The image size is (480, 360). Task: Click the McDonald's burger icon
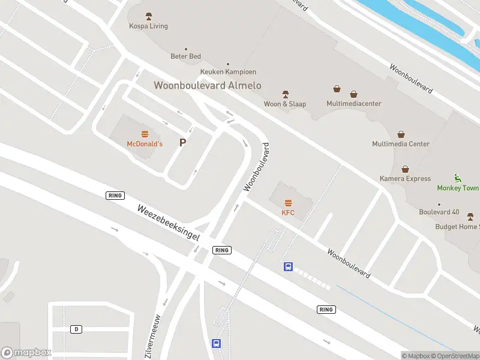[x=145, y=134]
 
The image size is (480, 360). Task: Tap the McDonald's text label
[x=145, y=144]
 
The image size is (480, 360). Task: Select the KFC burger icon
[x=288, y=203]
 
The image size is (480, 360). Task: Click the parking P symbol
[x=183, y=143]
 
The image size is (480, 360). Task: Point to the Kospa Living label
[x=149, y=26]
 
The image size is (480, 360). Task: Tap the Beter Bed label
[x=185, y=56]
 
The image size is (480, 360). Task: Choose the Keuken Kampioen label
[x=227, y=72]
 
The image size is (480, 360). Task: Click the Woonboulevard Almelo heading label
[x=208, y=86]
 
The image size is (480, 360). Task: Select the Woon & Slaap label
[x=285, y=104]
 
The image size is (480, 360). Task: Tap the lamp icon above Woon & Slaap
[x=286, y=94]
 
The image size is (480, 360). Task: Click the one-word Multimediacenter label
[x=354, y=104]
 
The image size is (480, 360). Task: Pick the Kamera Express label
[x=405, y=179]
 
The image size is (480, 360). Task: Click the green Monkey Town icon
[x=457, y=178]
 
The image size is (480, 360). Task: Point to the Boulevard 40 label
[x=439, y=212]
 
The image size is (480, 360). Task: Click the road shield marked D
[x=76, y=329]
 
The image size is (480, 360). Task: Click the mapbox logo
[x=26, y=353]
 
